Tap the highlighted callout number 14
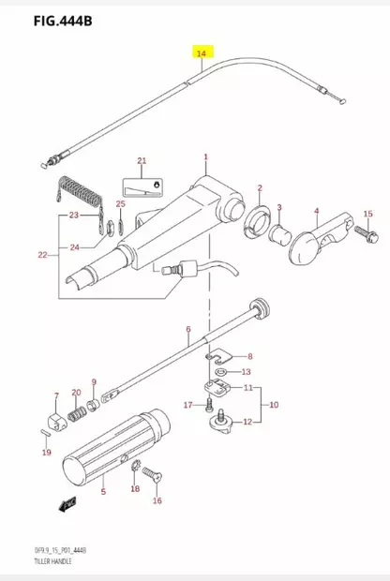(202, 53)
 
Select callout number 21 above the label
(142, 161)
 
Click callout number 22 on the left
(41, 255)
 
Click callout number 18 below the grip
(135, 488)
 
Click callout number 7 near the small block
(56, 395)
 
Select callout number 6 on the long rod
(187, 329)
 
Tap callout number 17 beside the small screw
(187, 405)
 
